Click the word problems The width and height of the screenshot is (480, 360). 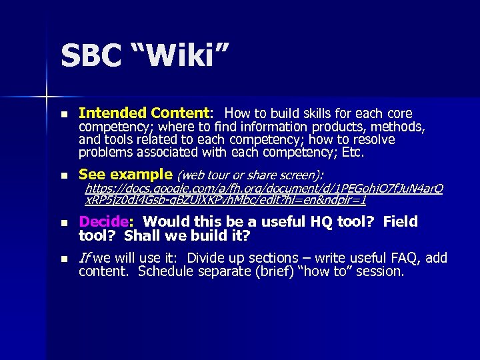(107, 153)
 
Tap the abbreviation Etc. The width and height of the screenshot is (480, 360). (353, 153)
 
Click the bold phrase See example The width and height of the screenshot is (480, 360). (125, 175)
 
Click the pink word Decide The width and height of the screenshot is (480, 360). (103, 221)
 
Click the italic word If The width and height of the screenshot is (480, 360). (85, 258)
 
